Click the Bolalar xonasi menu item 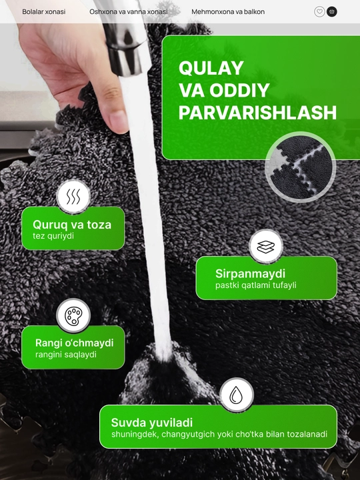44,12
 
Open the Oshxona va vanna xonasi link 129,12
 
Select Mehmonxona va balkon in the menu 228,12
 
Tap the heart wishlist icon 319,12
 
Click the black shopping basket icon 332,12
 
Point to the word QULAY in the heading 211,68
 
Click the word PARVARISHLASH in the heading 257,113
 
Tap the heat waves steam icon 73,197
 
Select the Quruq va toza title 72,225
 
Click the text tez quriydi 53,236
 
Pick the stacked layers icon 266,247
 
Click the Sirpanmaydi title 250,273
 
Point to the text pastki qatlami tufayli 255,285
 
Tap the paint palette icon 73,315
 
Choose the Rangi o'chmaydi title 75,343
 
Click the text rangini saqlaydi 66,355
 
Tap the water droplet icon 236,395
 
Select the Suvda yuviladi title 152,423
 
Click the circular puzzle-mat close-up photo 301,167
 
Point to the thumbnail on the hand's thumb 119,121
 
